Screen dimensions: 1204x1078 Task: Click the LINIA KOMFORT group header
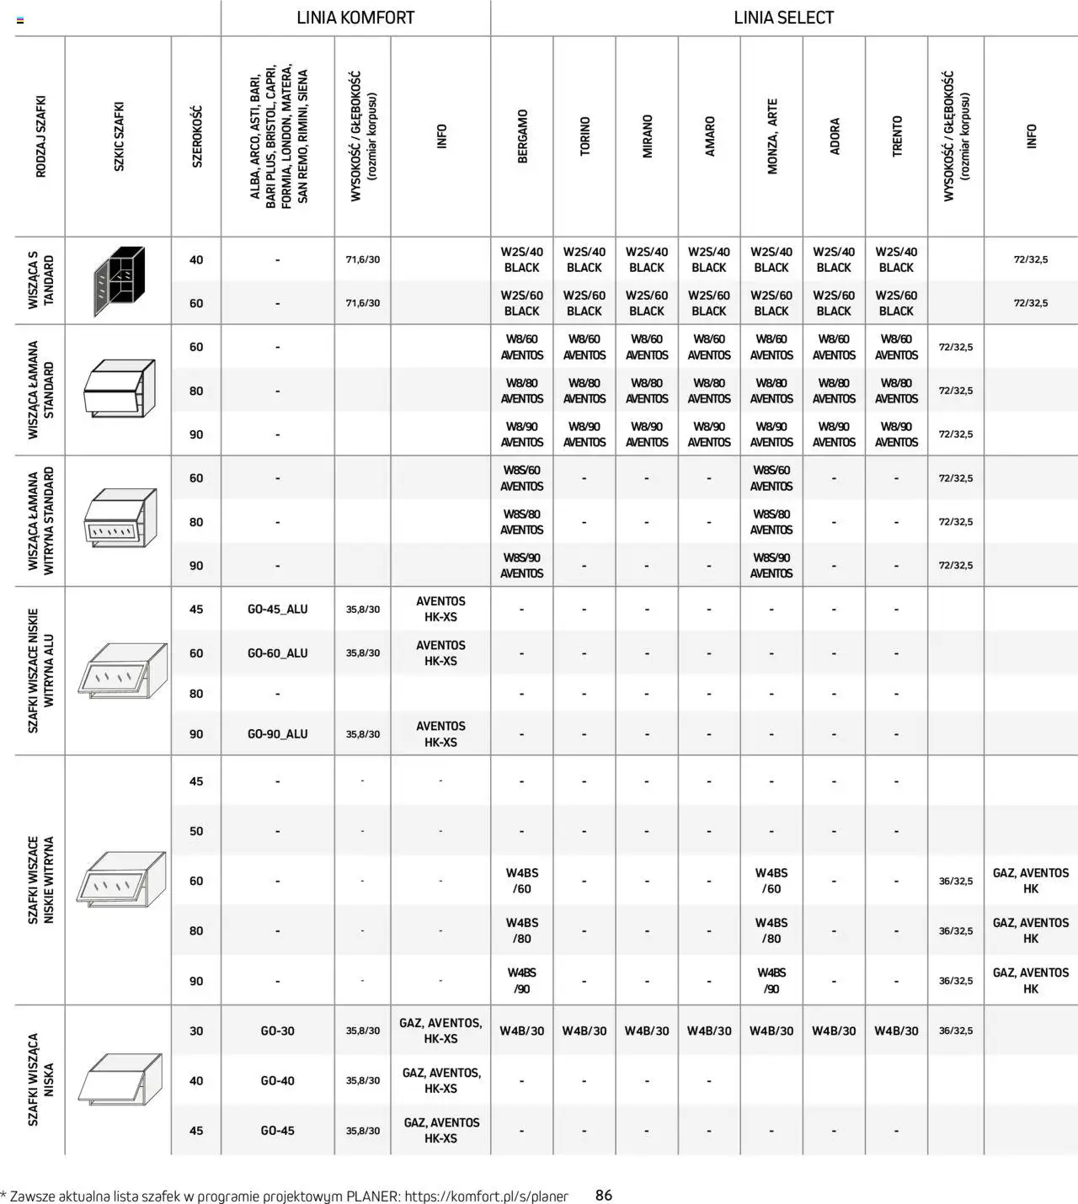click(x=355, y=18)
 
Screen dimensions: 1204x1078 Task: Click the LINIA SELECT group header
click(x=783, y=18)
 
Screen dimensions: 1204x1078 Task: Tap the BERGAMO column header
click(x=522, y=136)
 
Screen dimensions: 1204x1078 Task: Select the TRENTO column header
click(x=896, y=136)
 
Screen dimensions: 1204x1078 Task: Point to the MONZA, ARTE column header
click(x=771, y=136)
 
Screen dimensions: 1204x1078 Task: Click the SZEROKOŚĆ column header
click(x=196, y=136)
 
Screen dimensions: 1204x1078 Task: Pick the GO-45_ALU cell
click(x=277, y=610)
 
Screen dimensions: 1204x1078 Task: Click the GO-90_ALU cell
click(x=277, y=734)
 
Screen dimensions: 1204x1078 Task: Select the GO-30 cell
click(x=277, y=1031)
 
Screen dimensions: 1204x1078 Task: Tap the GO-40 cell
click(x=277, y=1080)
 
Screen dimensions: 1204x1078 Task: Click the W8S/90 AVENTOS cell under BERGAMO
click(x=522, y=566)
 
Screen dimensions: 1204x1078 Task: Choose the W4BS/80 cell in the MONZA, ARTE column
click(x=771, y=930)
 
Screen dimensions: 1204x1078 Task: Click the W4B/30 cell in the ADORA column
click(x=834, y=1031)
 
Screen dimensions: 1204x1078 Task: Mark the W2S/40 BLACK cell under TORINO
click(x=584, y=259)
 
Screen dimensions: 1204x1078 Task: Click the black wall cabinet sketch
click(x=119, y=281)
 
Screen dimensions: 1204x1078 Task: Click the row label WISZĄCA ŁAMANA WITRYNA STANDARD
click(x=40, y=521)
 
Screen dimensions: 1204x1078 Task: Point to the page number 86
click(x=604, y=1195)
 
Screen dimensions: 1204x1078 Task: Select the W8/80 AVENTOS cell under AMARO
click(x=709, y=391)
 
